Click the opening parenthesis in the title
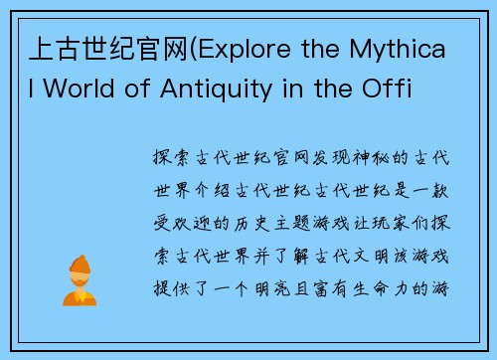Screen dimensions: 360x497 [x=200, y=46]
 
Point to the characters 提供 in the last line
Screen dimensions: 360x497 [x=165, y=289]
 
